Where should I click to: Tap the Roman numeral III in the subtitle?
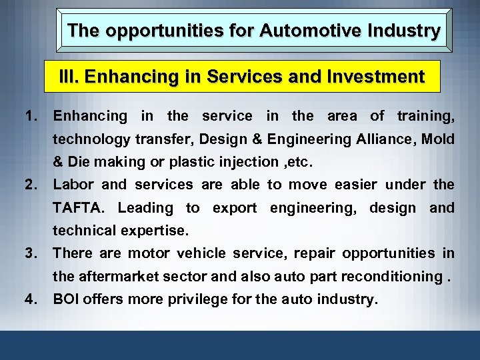coord(65,77)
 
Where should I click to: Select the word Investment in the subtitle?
coord(378,77)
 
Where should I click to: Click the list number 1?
coord(31,116)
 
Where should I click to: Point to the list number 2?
coord(31,185)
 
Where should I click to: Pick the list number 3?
coord(31,253)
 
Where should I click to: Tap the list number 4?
coord(31,299)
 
